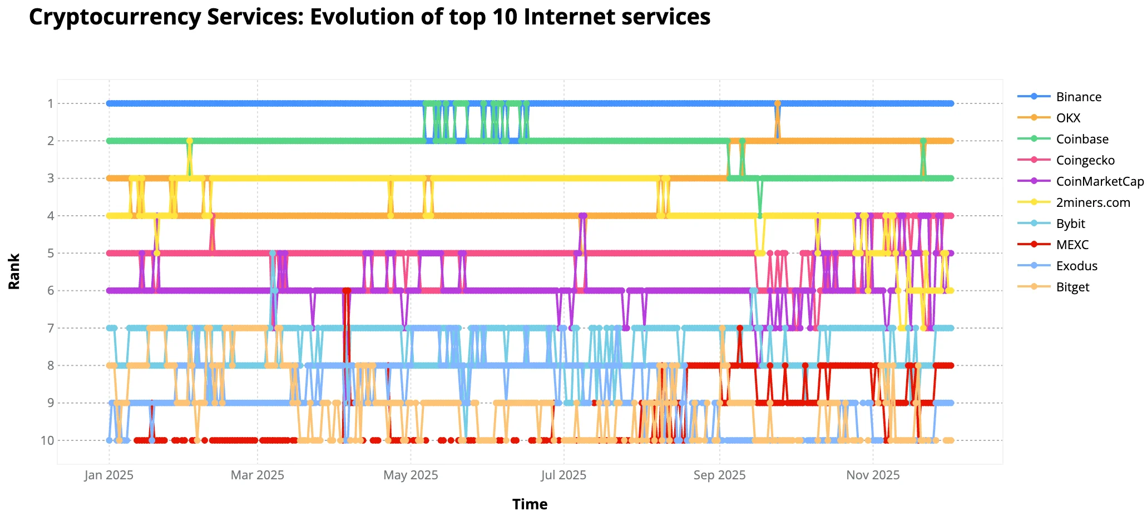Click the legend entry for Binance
point(1078,97)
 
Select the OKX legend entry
point(1068,118)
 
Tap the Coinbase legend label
point(1082,139)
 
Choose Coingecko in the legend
point(1085,160)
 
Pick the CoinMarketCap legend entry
point(1099,181)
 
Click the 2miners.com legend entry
point(1092,202)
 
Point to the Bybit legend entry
point(1070,224)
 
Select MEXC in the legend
point(1072,245)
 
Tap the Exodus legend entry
point(1076,266)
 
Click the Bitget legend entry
point(1072,287)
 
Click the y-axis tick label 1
point(51,103)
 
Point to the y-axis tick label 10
point(48,441)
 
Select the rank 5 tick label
point(51,254)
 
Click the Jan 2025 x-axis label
point(109,475)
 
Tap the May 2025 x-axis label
point(411,475)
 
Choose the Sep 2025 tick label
point(719,475)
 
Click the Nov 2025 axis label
point(873,475)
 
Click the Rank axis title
point(14,271)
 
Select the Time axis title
point(530,504)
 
